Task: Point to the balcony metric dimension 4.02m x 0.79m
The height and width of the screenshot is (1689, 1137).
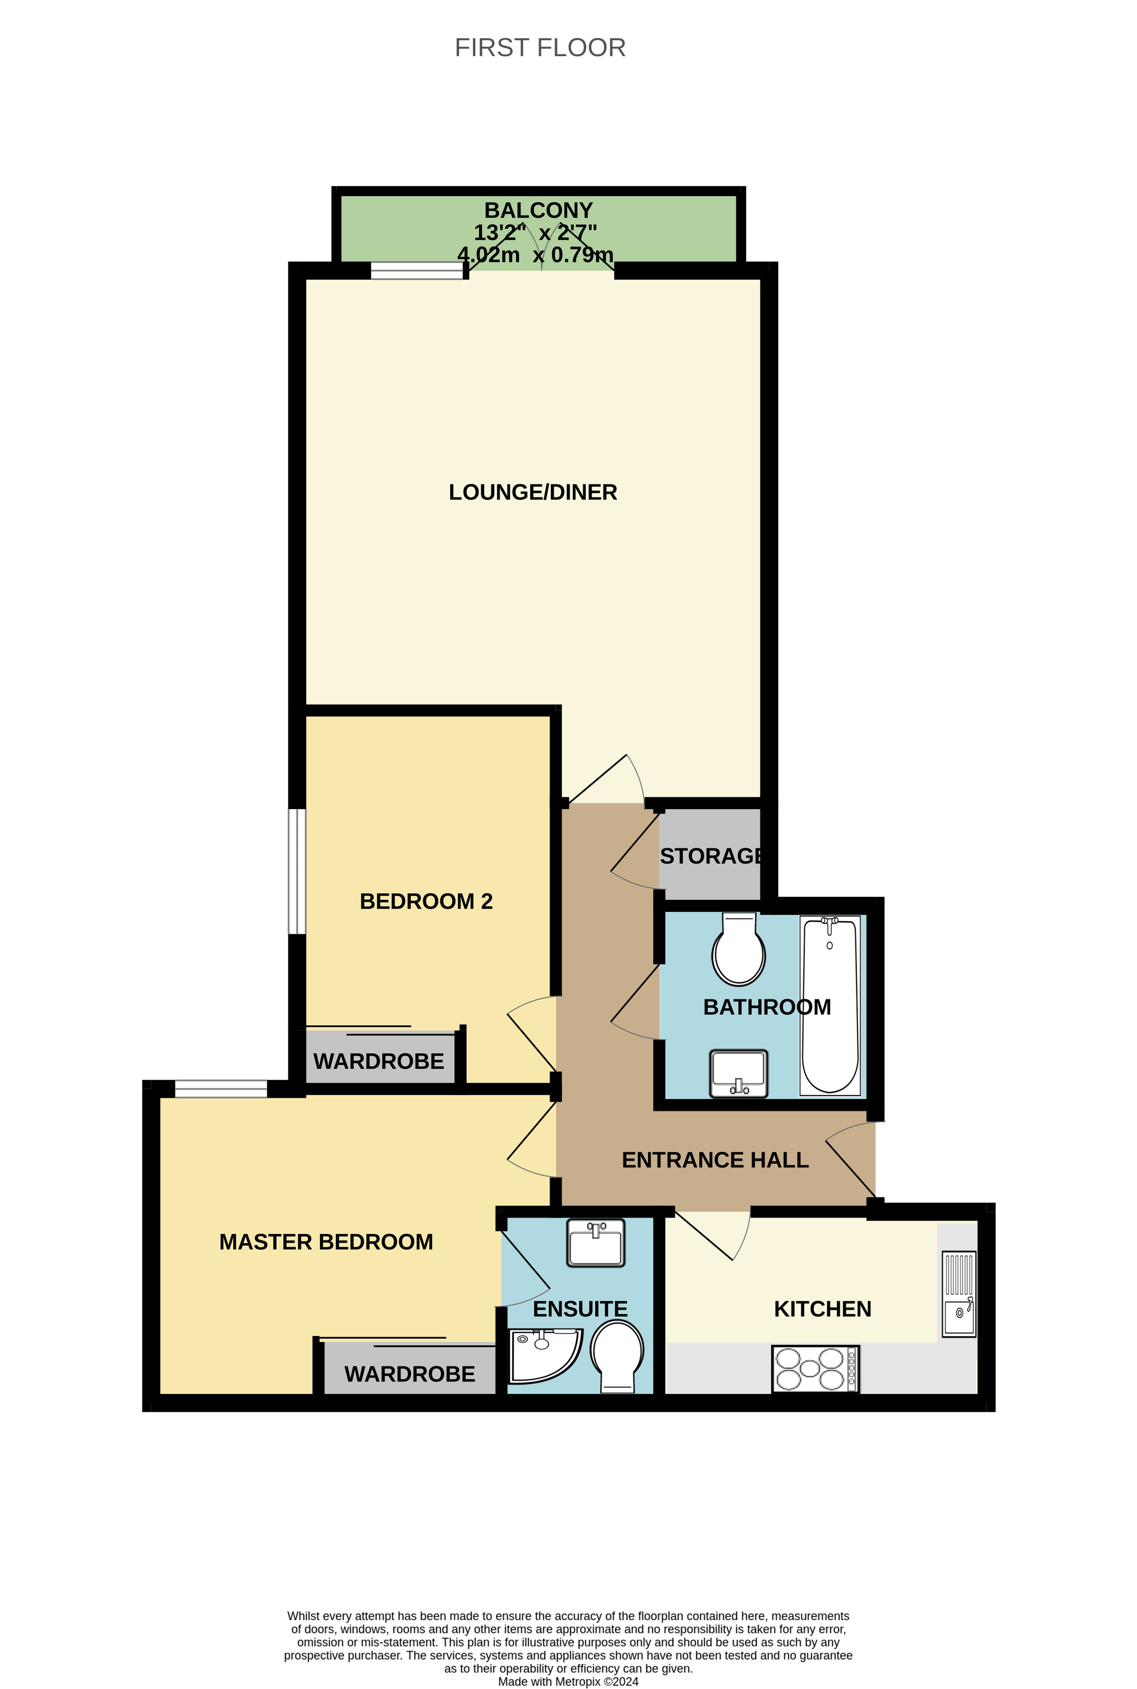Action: (x=535, y=254)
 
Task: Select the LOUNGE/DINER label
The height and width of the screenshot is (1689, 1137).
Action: (x=532, y=492)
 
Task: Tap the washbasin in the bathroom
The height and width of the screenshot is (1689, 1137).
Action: (x=738, y=1073)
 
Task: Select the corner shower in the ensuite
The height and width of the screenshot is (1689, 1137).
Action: (x=542, y=1355)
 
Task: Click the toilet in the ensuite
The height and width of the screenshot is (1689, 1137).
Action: (x=617, y=1355)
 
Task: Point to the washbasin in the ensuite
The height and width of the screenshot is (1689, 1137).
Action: (x=595, y=1243)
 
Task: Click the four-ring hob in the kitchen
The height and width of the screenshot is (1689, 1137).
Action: (x=815, y=1368)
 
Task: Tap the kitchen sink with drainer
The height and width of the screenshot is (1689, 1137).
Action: (x=959, y=1293)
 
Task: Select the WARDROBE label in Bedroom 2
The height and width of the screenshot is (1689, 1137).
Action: (x=379, y=1061)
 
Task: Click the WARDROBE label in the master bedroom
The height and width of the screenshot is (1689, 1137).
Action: (x=410, y=1374)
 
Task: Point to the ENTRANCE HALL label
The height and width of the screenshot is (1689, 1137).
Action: (x=715, y=1160)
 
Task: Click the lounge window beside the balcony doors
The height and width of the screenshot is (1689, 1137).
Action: (x=416, y=270)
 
